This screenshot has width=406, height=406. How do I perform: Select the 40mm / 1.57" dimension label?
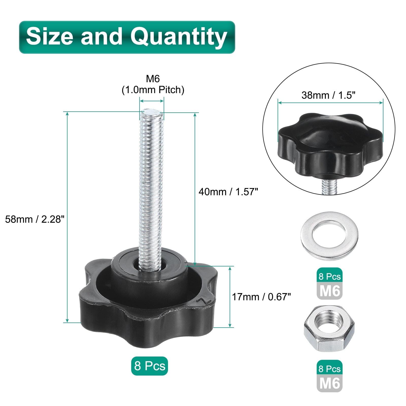click(228, 192)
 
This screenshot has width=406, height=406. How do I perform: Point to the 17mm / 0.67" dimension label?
click(261, 297)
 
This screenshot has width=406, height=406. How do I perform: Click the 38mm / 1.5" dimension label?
click(328, 95)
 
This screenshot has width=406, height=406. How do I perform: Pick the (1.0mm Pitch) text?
click(153, 90)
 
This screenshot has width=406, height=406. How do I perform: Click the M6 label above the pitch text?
click(153, 79)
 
